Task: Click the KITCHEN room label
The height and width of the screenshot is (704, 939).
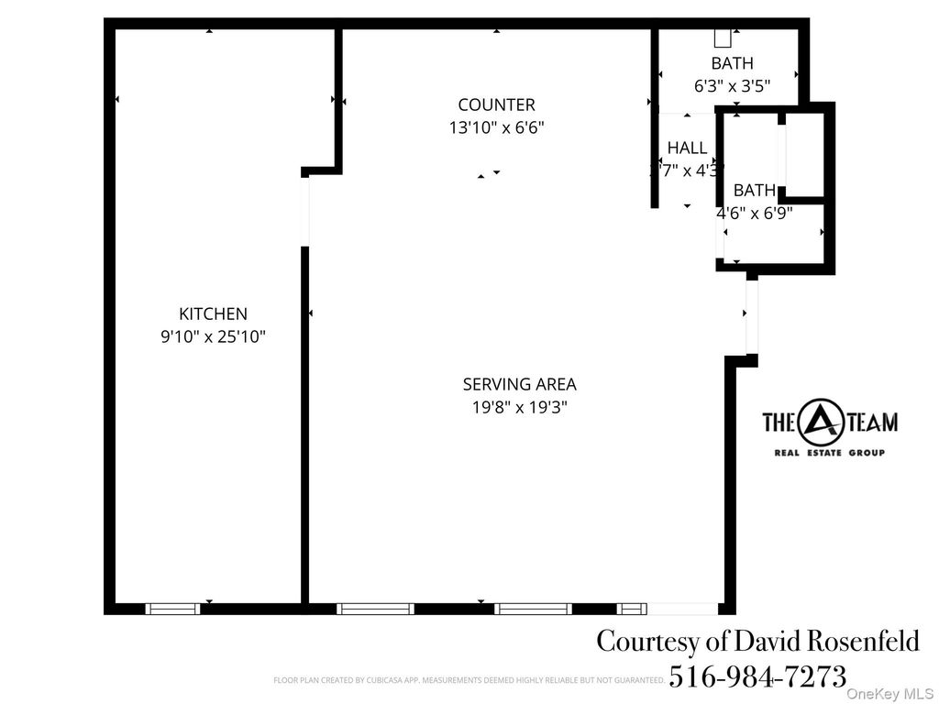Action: tap(213, 313)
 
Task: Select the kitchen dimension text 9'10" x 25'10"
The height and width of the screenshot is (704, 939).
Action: tap(213, 336)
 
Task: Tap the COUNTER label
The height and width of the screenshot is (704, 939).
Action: tap(496, 104)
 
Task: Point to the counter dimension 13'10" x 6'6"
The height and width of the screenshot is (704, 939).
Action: tap(496, 127)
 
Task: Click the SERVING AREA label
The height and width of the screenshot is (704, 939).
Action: tap(519, 384)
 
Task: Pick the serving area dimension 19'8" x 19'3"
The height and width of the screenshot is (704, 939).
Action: tap(519, 407)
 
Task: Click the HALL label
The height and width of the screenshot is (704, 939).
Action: tap(687, 148)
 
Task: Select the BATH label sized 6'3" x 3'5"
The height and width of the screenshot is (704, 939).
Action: tap(732, 63)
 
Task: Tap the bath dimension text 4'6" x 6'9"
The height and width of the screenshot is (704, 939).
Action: tap(755, 213)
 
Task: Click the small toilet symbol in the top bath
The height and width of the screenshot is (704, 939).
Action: tap(724, 38)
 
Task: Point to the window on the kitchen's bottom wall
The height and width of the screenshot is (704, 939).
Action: tap(172, 608)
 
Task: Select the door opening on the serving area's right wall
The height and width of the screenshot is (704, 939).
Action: tap(752, 316)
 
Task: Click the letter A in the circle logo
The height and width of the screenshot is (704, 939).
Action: tap(819, 422)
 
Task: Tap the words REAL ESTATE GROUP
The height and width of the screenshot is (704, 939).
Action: tap(830, 453)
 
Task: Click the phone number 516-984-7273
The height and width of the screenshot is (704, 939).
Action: tap(757, 676)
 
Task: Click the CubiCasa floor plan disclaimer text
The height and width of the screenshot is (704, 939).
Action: tap(468, 680)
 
